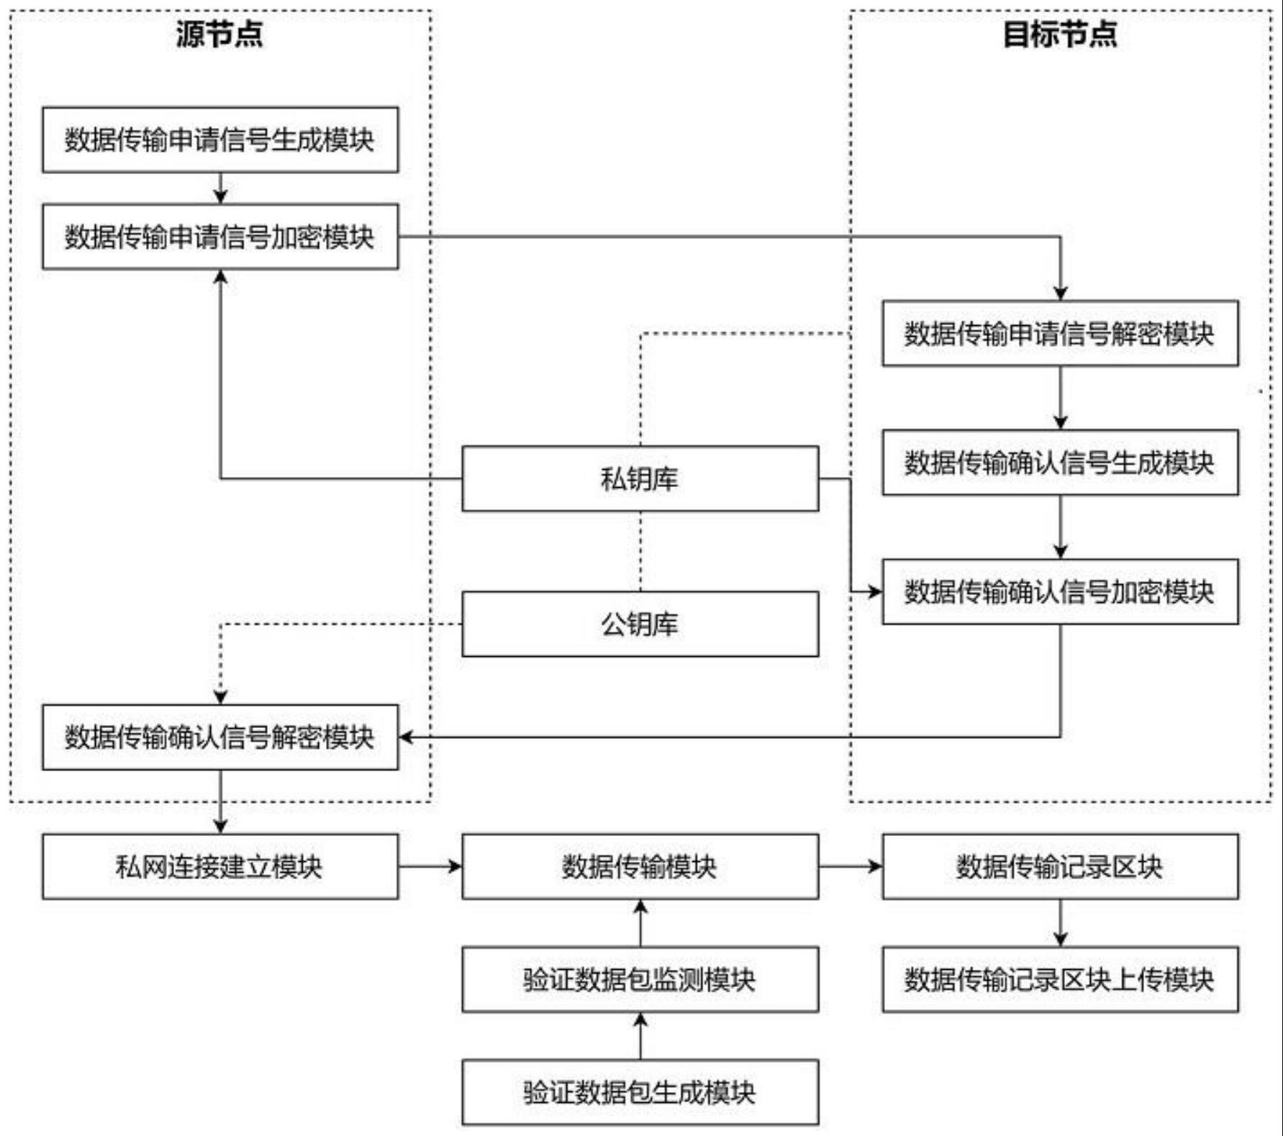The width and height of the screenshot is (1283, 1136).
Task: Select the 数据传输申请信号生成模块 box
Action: click(x=219, y=140)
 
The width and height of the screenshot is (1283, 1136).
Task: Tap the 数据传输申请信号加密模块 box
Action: click(x=219, y=237)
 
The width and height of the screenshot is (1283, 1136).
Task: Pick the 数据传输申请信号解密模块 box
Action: click(x=1059, y=334)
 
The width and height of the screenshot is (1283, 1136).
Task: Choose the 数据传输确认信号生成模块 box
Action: click(x=1059, y=463)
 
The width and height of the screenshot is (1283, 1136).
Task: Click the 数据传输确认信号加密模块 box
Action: click(x=1059, y=591)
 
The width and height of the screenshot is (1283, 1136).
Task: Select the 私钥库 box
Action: click(x=640, y=478)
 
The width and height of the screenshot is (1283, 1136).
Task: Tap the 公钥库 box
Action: click(x=640, y=624)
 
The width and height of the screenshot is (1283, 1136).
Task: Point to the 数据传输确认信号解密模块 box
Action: click(x=219, y=737)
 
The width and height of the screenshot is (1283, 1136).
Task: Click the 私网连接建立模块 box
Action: click(x=219, y=866)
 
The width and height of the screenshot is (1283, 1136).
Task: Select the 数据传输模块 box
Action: click(x=640, y=866)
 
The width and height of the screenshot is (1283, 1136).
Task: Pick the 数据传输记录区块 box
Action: click(x=1059, y=866)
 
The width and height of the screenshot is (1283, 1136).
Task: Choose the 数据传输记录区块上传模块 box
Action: click(x=1059, y=979)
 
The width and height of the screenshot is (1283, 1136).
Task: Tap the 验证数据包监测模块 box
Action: click(x=640, y=979)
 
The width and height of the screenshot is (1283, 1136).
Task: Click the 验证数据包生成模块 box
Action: click(x=640, y=1092)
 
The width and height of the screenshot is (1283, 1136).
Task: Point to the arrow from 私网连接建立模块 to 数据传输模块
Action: click(x=430, y=866)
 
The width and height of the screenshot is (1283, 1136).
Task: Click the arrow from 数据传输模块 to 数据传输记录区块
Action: click(x=851, y=866)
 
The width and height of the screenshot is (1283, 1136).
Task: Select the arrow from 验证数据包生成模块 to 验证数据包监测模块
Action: click(x=640, y=1036)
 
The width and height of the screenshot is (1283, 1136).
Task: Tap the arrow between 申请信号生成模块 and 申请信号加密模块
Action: click(x=220, y=188)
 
